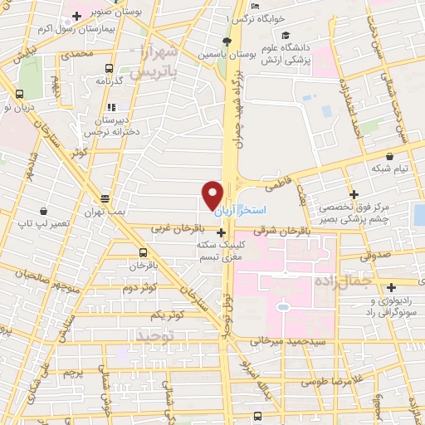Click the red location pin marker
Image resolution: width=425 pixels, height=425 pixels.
click(212, 194)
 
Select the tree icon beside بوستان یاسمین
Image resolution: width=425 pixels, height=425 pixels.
click(227, 42)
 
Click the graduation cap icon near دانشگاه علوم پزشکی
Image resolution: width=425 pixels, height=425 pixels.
click(286, 36)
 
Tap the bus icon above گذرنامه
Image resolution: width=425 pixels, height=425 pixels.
click(109, 68)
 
